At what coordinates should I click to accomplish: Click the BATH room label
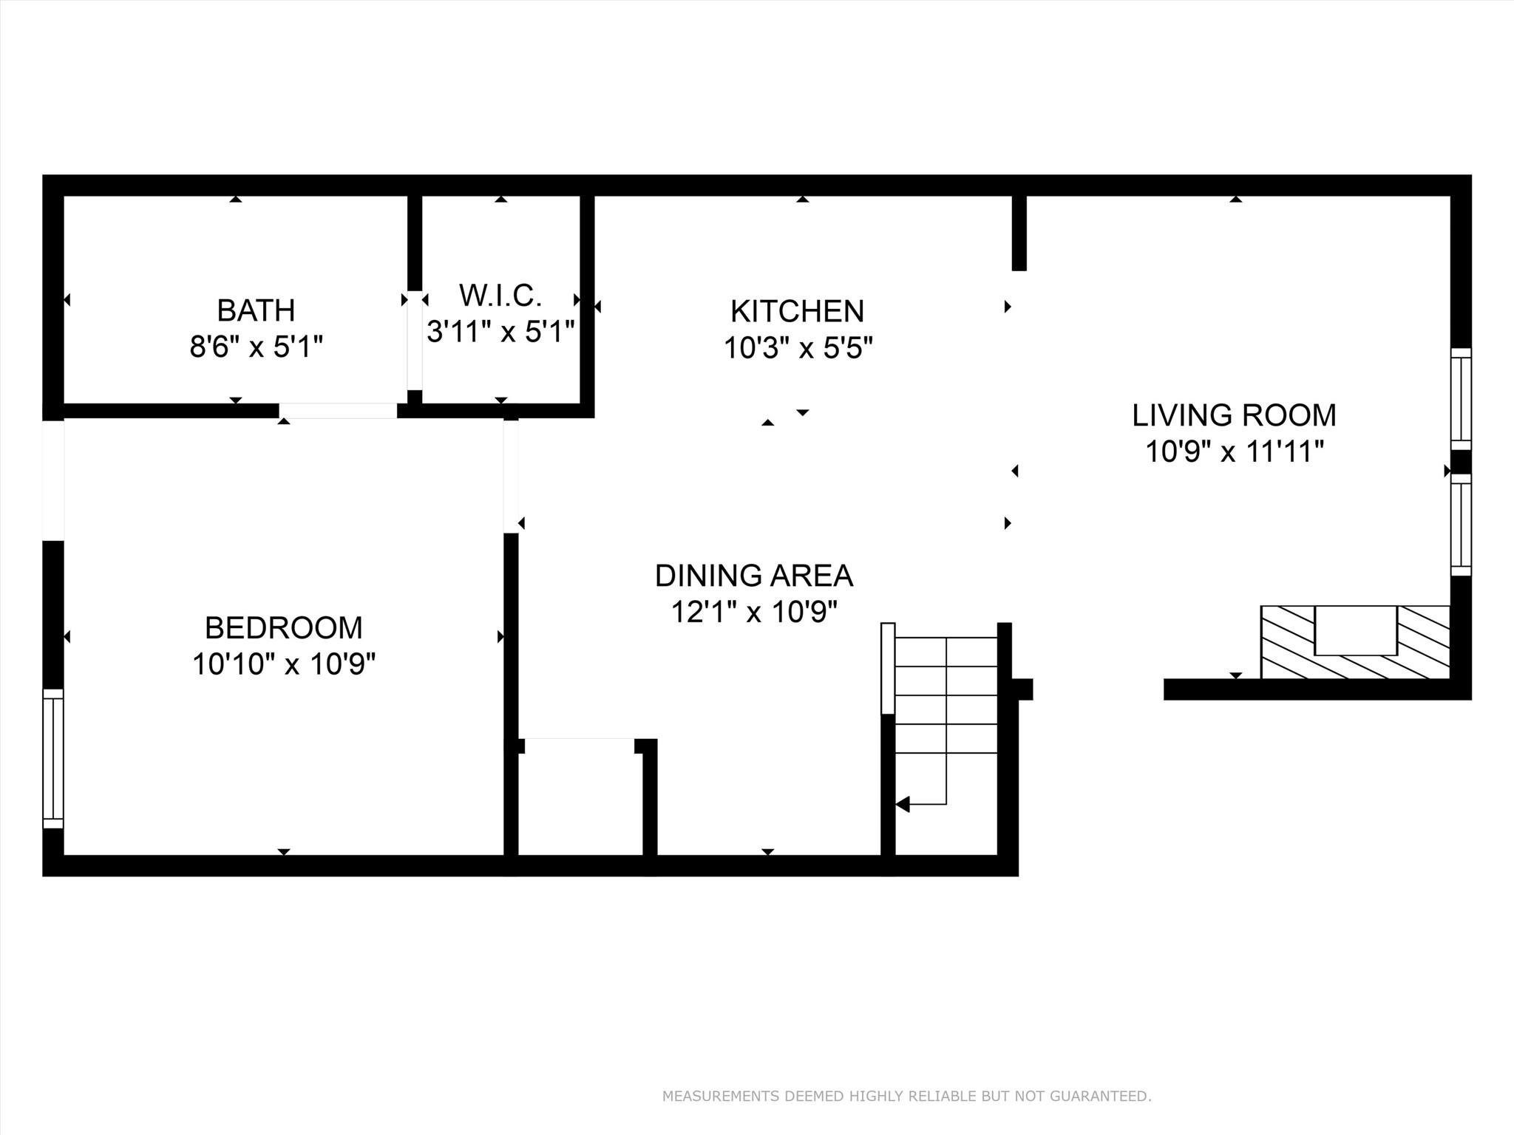coord(256,310)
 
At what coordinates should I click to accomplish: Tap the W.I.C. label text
coord(500,296)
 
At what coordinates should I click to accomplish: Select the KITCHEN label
coord(797,311)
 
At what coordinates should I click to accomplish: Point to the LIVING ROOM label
coord(1234,415)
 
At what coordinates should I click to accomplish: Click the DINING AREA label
coord(754,576)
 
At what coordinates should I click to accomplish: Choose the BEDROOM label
coord(284,628)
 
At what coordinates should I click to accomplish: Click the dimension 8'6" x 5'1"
coord(256,347)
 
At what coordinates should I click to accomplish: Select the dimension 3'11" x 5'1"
coord(500,332)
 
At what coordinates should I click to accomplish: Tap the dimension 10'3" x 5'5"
coord(798,348)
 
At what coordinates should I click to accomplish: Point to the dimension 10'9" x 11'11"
coord(1234,451)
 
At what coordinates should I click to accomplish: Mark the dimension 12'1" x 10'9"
coord(754,612)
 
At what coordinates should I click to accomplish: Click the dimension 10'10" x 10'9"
coord(284,664)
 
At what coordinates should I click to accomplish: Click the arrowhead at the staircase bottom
coord(903,804)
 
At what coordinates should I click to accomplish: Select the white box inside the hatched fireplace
coord(1355,630)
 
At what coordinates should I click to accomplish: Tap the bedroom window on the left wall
coord(53,758)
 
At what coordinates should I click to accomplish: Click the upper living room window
coord(1461,398)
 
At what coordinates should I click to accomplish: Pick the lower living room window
coord(1461,525)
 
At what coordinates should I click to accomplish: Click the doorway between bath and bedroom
coord(338,411)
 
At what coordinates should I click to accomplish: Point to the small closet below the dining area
coord(579,798)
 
